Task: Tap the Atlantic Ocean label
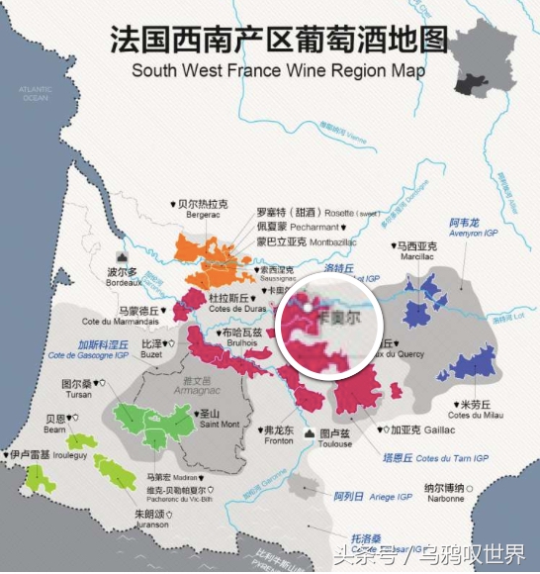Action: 35,94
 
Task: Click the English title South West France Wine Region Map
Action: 278,71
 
